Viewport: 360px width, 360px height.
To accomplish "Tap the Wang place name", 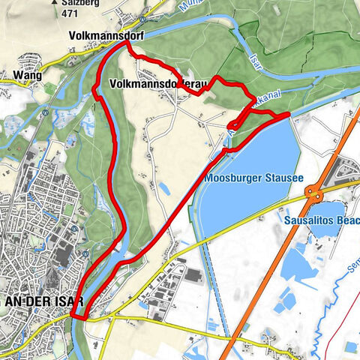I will coord(25,75).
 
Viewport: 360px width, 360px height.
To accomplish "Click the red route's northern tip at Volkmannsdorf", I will coord(125,43).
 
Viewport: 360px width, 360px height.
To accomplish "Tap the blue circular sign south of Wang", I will coord(46,114).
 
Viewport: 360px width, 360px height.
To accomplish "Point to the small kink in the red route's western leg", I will coord(96,91).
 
